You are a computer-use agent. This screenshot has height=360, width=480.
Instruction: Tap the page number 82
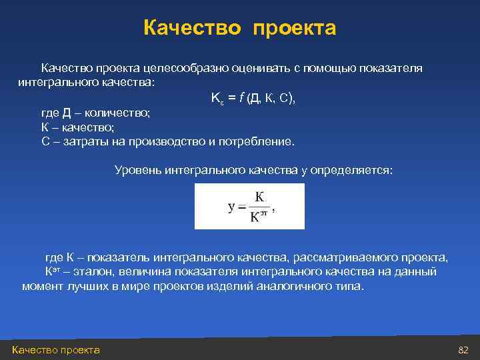click(x=464, y=350)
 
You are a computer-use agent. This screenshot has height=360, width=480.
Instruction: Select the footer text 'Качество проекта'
click(x=56, y=350)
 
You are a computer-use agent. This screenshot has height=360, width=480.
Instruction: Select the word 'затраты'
click(x=85, y=141)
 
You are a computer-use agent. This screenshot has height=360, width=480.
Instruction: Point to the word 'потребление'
click(x=257, y=141)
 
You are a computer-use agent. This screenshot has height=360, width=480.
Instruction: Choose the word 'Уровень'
click(x=138, y=171)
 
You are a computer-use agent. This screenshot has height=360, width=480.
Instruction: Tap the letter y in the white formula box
click(x=231, y=207)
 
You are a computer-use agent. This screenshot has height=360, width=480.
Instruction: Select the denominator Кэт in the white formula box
click(x=259, y=217)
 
